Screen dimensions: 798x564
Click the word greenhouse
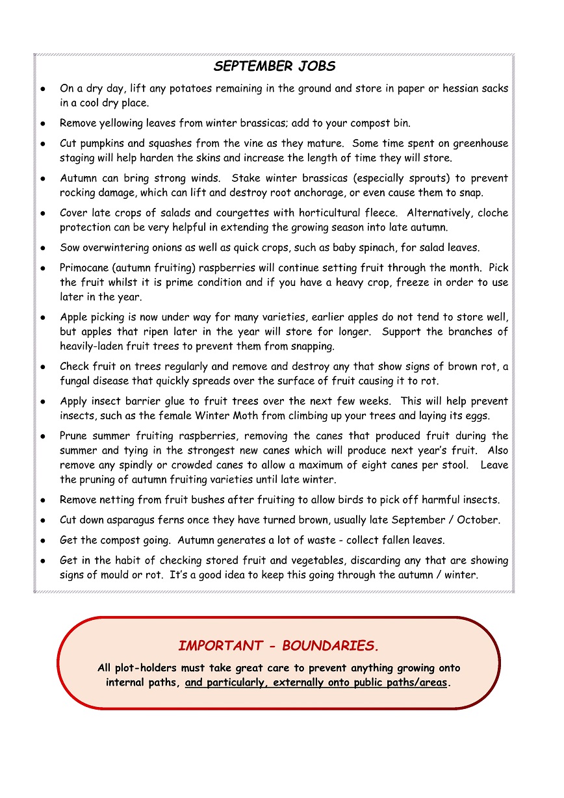[x=480, y=144]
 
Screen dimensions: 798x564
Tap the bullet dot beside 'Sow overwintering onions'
[x=42, y=248]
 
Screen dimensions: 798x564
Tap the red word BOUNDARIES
[x=330, y=646]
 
